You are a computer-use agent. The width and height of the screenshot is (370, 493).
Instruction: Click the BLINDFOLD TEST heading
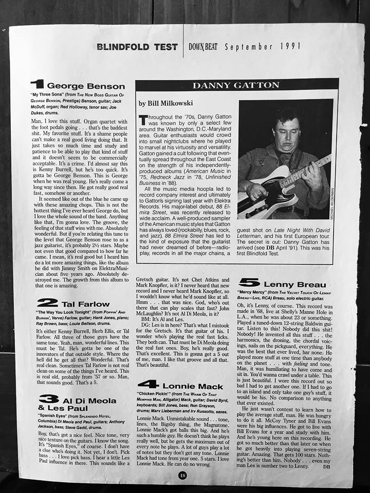137,47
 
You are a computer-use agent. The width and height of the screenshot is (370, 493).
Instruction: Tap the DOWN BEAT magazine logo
203,47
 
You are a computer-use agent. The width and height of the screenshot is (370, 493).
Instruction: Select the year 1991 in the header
290,46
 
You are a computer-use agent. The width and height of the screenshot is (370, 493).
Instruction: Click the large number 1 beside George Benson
37,84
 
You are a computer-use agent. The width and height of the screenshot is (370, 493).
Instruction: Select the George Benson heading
86,86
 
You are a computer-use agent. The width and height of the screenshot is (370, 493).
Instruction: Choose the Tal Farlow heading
85,304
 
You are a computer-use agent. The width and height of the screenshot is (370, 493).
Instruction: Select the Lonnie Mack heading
193,386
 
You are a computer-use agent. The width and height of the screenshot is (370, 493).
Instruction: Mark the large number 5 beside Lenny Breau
249,282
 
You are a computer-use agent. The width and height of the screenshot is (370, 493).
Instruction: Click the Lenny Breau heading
294,285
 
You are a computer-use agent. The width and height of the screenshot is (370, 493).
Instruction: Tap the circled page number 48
182,475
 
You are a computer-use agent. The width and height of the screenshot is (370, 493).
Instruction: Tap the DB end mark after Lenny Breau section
327,467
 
